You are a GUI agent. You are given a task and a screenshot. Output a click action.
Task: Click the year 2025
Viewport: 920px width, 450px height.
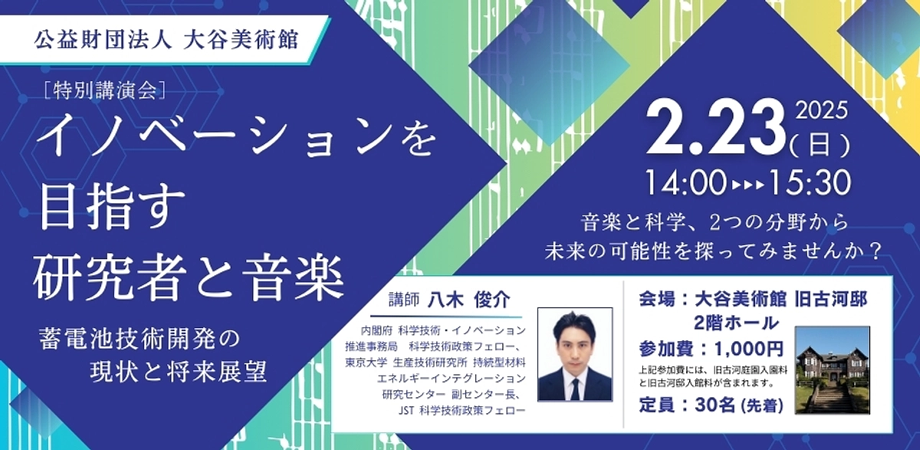pos(821,113)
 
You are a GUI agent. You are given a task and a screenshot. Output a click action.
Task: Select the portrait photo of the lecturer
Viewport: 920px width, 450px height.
pos(574,354)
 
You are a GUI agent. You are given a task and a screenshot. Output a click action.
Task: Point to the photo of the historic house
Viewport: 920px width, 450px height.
pos(832,370)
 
